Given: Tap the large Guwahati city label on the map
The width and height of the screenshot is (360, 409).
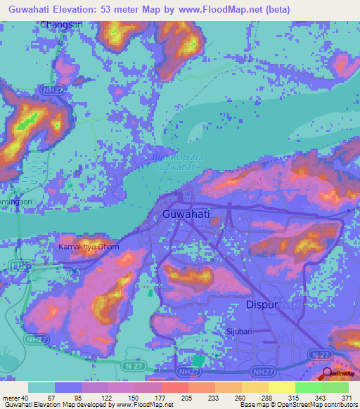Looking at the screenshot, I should tap(186, 213).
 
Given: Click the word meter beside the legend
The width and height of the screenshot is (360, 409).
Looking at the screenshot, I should tap(11, 397).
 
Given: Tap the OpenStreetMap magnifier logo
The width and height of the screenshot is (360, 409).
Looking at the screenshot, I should tap(326, 373).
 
